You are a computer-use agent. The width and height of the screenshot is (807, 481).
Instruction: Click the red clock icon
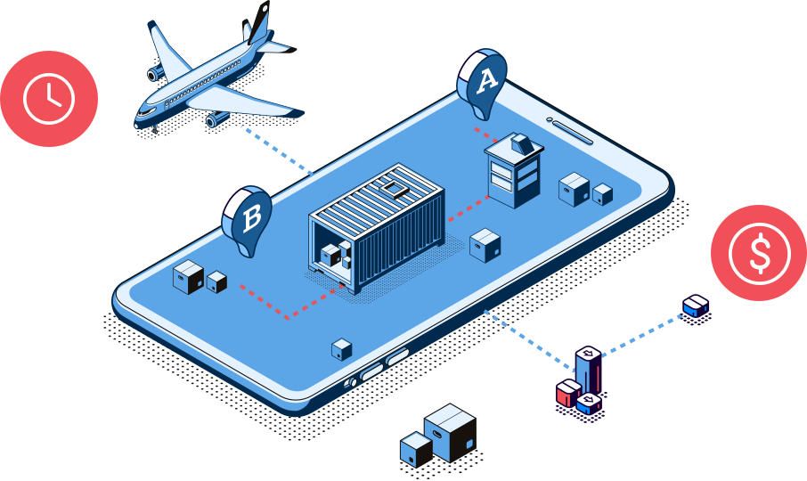[x=48, y=98]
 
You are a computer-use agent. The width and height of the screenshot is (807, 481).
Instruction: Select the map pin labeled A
[x=482, y=83]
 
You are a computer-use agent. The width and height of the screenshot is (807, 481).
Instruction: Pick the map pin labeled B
[x=248, y=218]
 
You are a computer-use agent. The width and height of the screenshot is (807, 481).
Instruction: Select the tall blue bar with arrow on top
[x=587, y=371]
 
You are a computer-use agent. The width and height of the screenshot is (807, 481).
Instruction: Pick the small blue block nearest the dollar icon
[x=696, y=306]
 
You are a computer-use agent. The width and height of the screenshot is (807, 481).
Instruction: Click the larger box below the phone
[x=451, y=431]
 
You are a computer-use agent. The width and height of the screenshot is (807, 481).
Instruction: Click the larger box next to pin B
[x=188, y=277]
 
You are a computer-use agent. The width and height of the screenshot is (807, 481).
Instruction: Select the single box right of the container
[x=485, y=245]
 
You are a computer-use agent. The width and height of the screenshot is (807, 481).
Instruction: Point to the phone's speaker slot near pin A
[x=570, y=130]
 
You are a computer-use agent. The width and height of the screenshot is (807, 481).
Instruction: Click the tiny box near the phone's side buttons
[x=341, y=349]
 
